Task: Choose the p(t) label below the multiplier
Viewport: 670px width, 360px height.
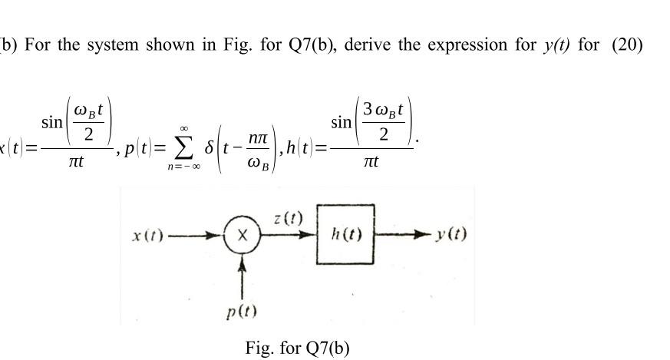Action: [243, 312]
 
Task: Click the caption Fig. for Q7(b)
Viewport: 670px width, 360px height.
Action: [297, 348]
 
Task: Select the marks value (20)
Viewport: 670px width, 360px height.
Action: [623, 44]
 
